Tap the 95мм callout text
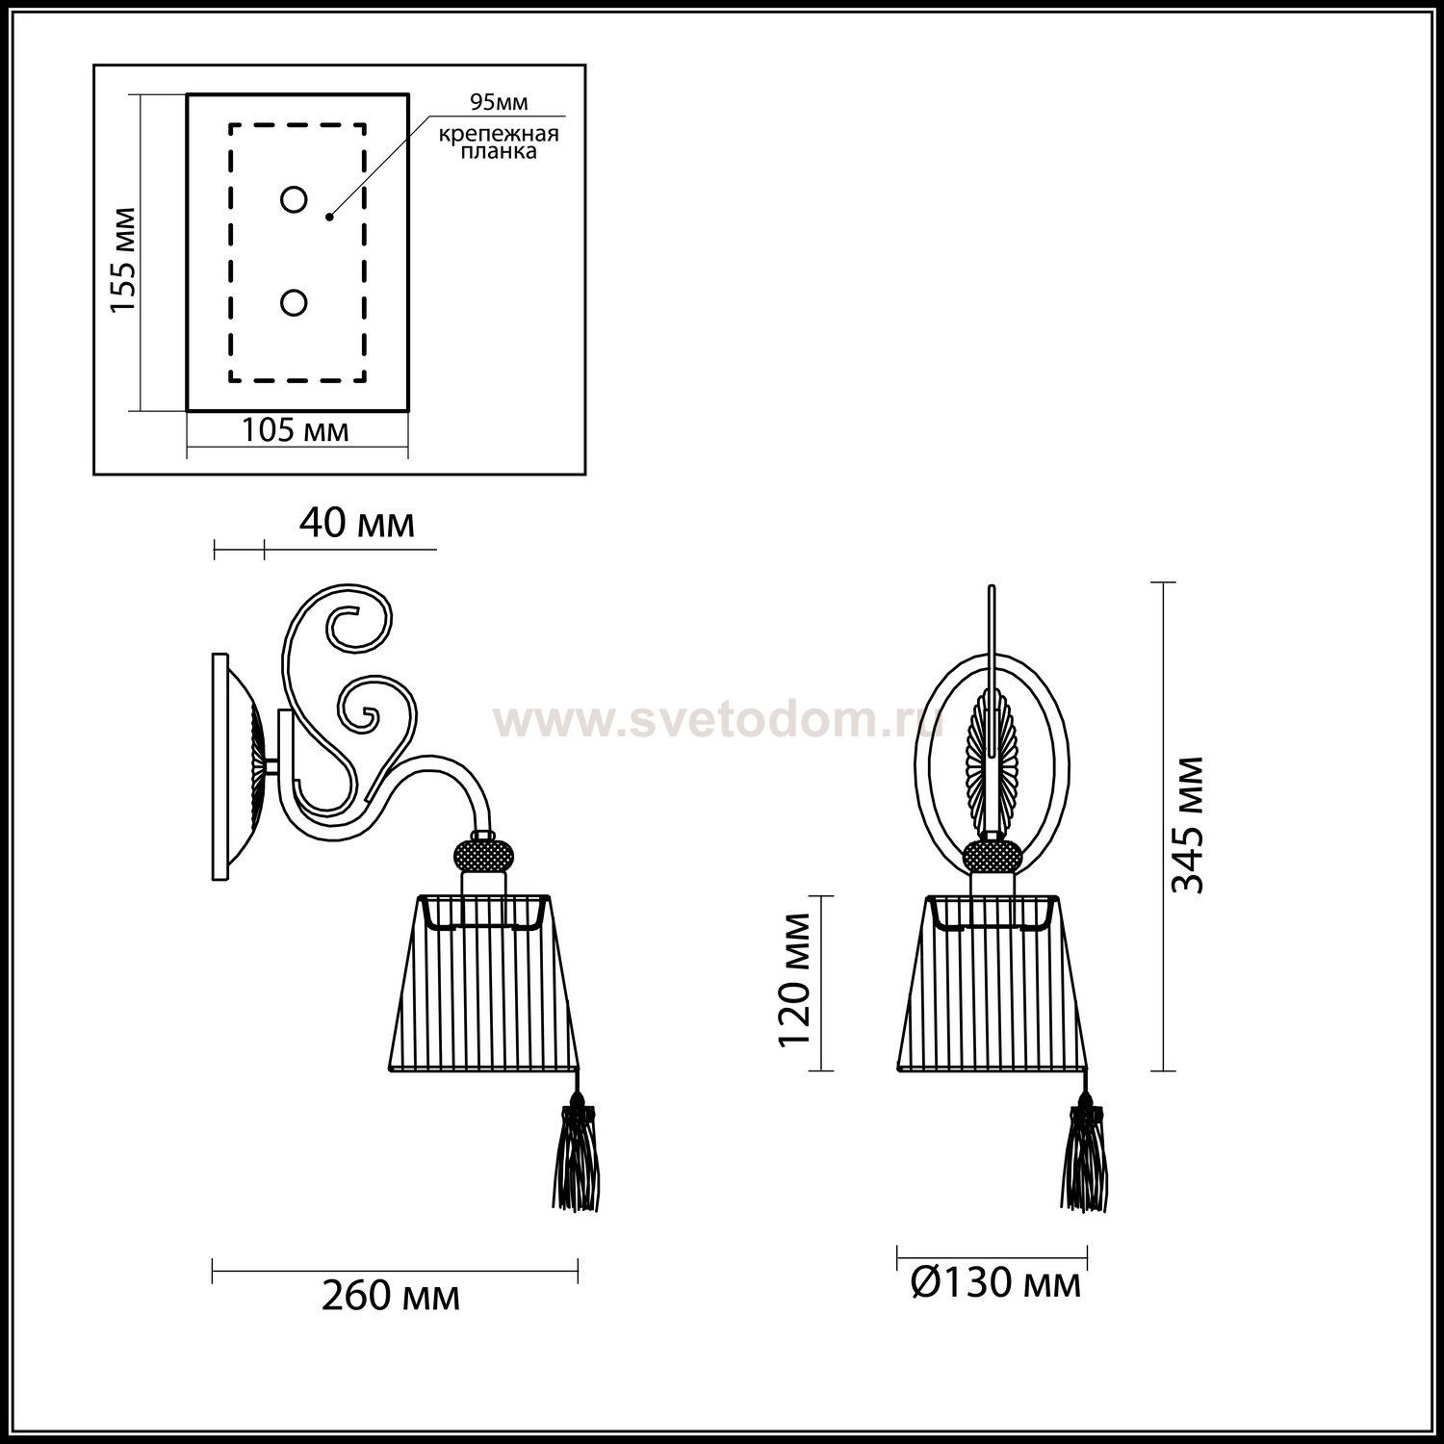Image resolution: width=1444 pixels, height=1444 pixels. coord(499,103)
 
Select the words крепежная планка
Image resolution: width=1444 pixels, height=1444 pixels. coord(499,143)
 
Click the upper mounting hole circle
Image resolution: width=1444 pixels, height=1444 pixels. coord(294,200)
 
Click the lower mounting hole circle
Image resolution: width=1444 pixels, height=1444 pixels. coord(294,303)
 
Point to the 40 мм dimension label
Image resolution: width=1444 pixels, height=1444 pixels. coord(357,523)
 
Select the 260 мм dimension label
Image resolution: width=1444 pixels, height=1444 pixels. coord(391,1297)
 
